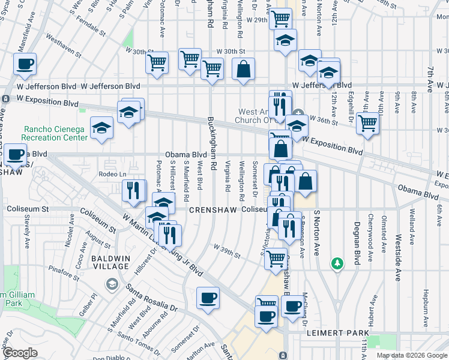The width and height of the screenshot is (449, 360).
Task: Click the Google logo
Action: coord(20,353)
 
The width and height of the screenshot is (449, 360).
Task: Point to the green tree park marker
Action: coord(338,263)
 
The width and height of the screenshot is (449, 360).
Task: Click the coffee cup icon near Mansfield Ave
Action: coord(25,64)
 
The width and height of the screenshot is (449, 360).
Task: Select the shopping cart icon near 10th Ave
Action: coord(367,124)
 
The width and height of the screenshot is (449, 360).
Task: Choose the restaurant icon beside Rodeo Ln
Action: coord(134,190)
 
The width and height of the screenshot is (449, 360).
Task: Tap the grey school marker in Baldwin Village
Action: coord(111,283)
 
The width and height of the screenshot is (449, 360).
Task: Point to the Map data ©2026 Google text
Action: coord(411,355)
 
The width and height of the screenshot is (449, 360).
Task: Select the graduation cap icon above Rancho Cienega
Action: coord(101,127)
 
